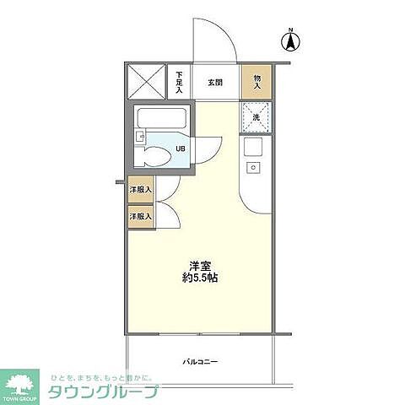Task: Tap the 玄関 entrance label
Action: [x=215, y=83]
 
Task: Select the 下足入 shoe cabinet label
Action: [x=179, y=82]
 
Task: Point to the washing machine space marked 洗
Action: [x=256, y=116]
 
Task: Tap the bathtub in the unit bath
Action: [x=159, y=118]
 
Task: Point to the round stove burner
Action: [x=252, y=168]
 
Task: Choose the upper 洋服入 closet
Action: [x=140, y=190]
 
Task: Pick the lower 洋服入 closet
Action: [x=140, y=217]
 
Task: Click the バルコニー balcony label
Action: [x=201, y=361]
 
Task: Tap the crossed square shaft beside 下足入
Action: [x=146, y=82]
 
